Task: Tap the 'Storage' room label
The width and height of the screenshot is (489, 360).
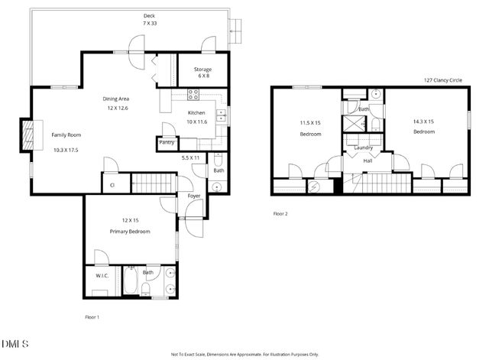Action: coord(202,70)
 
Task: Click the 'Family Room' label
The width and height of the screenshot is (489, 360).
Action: coord(66,135)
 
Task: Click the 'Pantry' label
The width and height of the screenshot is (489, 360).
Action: coord(167,142)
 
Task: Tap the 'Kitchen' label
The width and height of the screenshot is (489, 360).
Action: coord(196,112)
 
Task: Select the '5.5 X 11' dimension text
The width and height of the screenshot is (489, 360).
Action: coord(190,157)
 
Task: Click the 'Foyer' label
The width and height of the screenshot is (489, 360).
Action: coord(195,196)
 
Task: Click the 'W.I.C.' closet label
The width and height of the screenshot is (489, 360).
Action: coord(102,276)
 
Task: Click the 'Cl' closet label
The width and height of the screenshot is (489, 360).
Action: coord(112,184)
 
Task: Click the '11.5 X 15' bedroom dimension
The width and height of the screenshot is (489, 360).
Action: coord(309,122)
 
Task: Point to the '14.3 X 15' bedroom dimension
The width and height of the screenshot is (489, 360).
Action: coord(424,121)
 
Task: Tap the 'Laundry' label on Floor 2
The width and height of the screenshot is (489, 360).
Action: coord(363,148)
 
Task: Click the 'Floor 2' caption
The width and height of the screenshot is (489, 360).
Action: coord(280,213)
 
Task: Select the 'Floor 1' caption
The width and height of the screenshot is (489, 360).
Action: coord(92,316)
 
